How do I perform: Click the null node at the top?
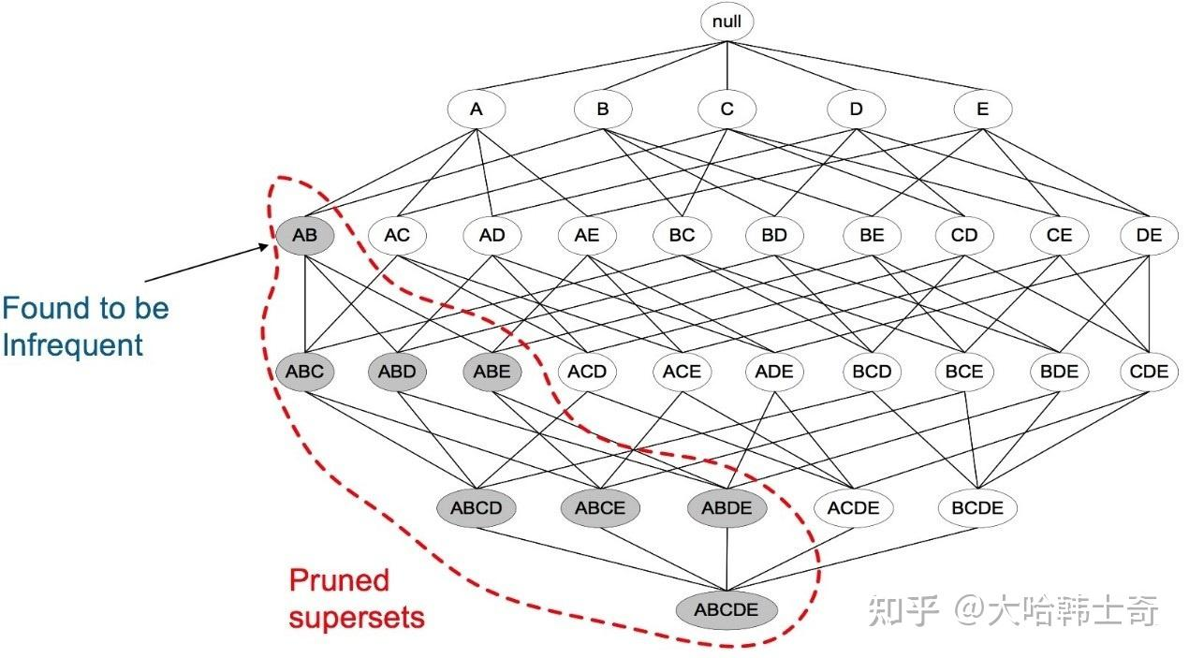(727, 22)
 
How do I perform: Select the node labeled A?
(477, 110)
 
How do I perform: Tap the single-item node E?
(982, 110)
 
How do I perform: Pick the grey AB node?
(304, 235)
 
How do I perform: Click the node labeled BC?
(683, 235)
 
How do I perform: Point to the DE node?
(1149, 235)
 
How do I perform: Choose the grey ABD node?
(397, 372)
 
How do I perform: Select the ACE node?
(683, 372)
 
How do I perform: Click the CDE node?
(1149, 372)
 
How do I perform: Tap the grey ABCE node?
(600, 508)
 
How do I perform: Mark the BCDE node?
(977, 508)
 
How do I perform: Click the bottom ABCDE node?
(727, 609)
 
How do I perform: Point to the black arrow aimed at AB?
(207, 263)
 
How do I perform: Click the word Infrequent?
(73, 345)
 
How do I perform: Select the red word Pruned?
(339, 582)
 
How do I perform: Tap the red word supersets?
(357, 618)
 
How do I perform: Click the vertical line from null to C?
(727, 66)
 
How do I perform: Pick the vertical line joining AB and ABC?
(304, 303)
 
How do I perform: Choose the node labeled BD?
(774, 235)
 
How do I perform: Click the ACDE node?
(854, 508)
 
